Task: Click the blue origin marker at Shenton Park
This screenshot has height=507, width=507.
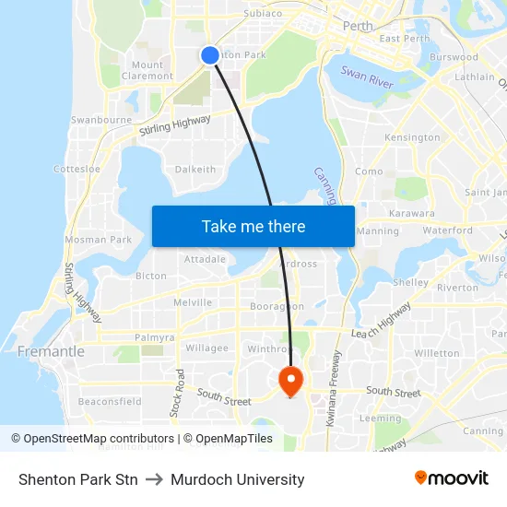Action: point(210,55)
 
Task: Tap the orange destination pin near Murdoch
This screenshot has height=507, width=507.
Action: point(290,380)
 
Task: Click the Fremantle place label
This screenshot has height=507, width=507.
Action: point(51,352)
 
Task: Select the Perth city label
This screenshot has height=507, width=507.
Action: point(357,26)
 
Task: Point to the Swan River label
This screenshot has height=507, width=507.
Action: point(367,76)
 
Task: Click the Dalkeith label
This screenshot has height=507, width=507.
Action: point(195,170)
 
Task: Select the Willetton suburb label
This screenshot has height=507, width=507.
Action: point(437,353)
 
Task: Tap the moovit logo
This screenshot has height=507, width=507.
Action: point(451,478)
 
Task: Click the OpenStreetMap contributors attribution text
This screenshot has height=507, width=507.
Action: point(95,439)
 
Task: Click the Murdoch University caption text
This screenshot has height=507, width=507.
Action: point(237,479)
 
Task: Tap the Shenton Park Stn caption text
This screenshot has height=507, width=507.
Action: point(78,479)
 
